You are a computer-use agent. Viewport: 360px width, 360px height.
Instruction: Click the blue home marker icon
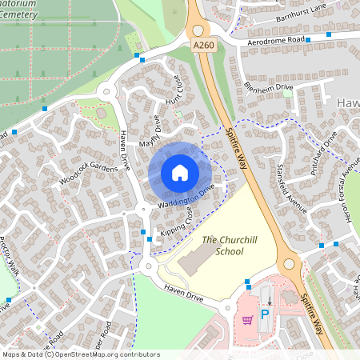(x=179, y=172)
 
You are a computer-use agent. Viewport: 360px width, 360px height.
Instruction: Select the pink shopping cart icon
(x=247, y=320)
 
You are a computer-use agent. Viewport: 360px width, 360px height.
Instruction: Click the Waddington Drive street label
(x=187, y=198)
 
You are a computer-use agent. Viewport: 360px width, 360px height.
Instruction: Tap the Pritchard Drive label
(x=324, y=150)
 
